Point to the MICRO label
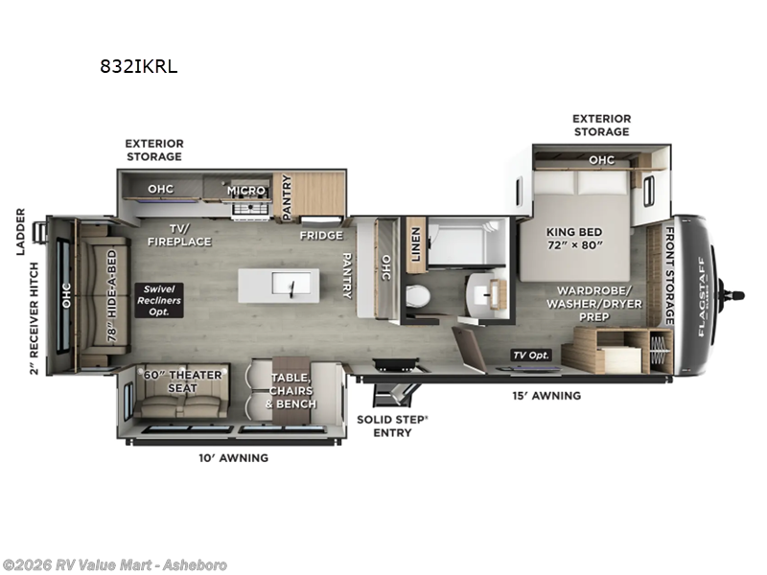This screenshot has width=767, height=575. click(245, 190)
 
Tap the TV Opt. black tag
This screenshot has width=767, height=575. click(530, 355)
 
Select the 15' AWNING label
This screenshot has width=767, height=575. click(550, 395)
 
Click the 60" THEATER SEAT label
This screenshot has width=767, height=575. click(182, 380)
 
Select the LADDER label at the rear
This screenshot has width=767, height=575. click(20, 233)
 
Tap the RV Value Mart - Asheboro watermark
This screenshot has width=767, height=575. click(114, 564)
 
